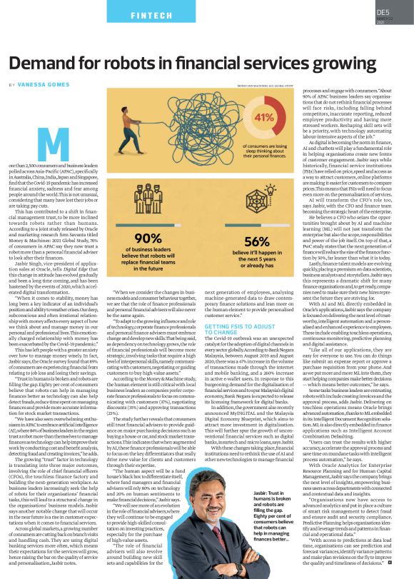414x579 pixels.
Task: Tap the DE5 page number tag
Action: [383, 12]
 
